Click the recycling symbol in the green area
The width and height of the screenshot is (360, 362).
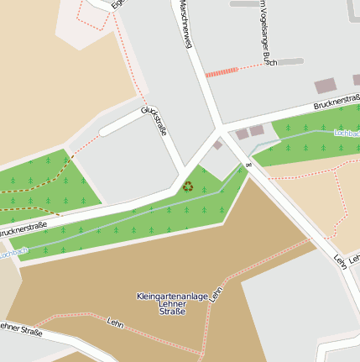point(188,186)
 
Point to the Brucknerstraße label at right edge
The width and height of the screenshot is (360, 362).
point(336,102)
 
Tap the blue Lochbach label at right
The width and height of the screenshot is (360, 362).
point(346,133)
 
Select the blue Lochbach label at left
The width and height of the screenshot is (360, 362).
point(13,251)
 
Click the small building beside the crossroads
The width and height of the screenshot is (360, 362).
point(217,144)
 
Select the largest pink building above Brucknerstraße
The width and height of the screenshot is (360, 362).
point(325,86)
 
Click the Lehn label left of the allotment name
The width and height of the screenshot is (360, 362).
point(116,321)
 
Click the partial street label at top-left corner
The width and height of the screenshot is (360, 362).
point(117,4)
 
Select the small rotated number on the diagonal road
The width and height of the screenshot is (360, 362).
point(248,165)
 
